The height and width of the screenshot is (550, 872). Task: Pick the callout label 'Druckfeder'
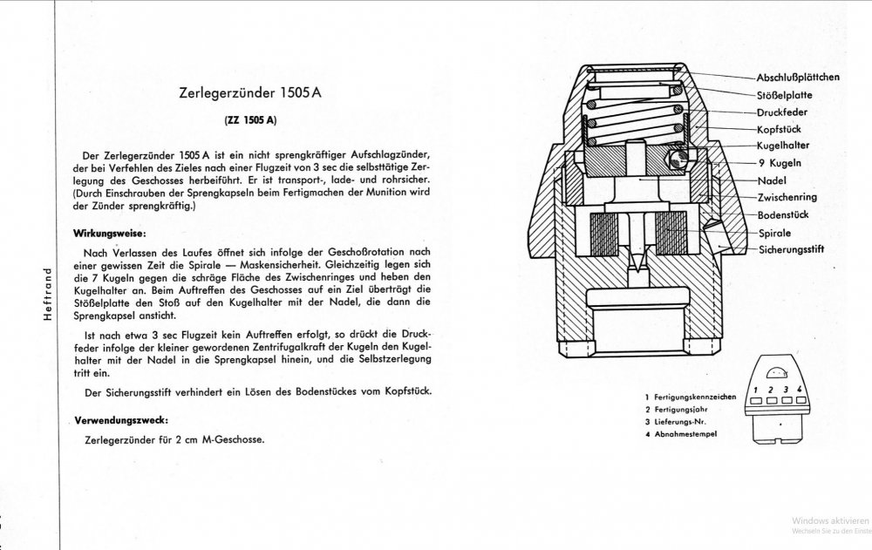tap(771, 112)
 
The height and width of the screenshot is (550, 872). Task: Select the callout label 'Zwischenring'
tap(773, 196)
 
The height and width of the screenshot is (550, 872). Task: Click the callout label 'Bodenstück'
tap(770, 214)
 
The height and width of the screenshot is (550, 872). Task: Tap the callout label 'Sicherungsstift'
tap(779, 248)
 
